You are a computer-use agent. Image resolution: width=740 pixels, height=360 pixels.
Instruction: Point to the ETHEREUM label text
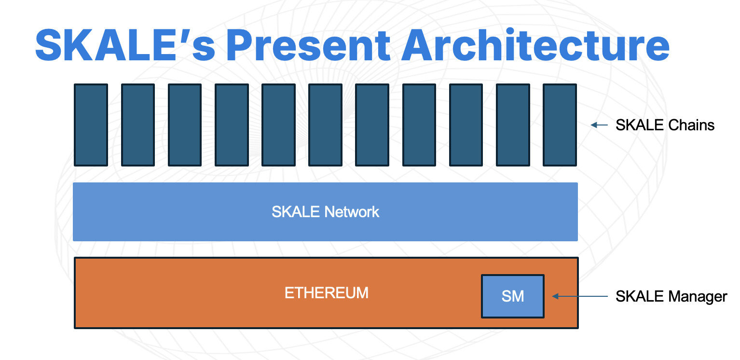click(x=326, y=293)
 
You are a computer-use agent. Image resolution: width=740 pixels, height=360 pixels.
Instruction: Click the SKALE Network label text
click(x=325, y=212)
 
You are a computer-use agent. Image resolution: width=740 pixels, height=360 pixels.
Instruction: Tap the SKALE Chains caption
click(x=665, y=125)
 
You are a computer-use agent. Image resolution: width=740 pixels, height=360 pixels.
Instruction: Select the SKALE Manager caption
click(x=671, y=296)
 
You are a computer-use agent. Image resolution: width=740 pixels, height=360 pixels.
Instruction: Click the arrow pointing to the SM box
click(x=579, y=296)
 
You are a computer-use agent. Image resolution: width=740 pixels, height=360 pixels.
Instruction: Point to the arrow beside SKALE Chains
click(x=599, y=125)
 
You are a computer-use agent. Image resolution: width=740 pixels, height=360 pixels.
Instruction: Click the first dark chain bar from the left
click(x=91, y=125)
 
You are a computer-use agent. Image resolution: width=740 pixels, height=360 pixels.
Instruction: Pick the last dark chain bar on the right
click(x=560, y=125)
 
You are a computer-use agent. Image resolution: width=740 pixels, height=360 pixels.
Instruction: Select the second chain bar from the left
click(x=137, y=125)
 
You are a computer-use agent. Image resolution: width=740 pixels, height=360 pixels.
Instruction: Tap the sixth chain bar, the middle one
click(x=325, y=125)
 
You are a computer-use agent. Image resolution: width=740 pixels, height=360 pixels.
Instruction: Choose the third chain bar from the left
click(x=185, y=125)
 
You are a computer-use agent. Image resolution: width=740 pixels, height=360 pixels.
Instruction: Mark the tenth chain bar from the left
click(x=513, y=125)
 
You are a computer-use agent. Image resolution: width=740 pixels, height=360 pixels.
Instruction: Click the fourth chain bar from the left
click(x=232, y=125)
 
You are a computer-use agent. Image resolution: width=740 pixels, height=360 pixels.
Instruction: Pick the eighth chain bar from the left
click(x=419, y=125)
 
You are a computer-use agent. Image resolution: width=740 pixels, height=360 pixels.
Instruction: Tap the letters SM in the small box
click(x=513, y=296)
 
